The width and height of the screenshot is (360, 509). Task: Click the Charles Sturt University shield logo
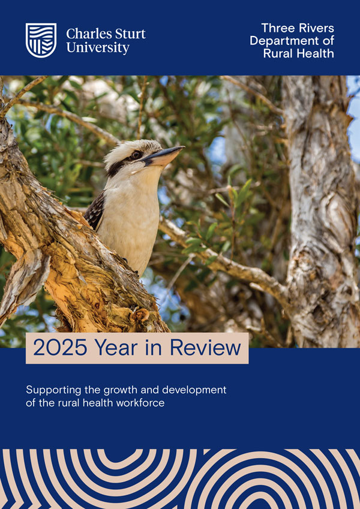coord(41,40)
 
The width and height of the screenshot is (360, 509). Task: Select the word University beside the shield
coord(98,47)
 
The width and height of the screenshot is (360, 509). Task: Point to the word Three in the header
coord(275,28)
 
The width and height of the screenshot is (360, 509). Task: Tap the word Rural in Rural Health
coord(278,53)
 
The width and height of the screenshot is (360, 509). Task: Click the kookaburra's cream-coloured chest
coord(132,216)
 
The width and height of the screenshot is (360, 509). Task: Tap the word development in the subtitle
coord(195,390)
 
